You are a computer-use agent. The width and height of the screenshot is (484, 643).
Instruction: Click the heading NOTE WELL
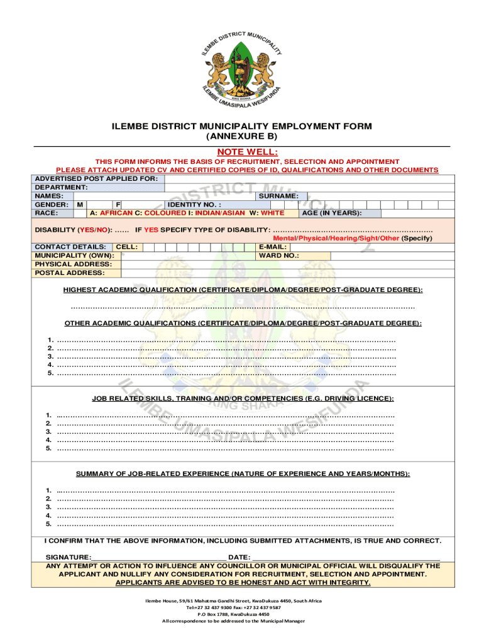click(242, 151)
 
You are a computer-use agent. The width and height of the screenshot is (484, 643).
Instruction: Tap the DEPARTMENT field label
click(61, 187)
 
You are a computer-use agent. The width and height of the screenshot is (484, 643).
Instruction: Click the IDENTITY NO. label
click(194, 205)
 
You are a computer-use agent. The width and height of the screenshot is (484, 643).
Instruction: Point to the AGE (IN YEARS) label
click(332, 213)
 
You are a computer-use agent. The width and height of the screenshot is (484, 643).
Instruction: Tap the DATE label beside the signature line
click(239, 558)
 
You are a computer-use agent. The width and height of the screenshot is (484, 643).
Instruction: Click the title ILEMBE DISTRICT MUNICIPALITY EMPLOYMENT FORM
click(242, 126)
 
